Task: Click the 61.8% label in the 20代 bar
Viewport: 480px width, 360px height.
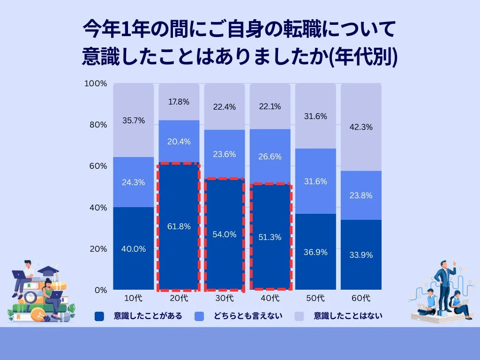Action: click(x=179, y=226)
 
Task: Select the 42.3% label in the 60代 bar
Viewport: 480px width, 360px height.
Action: click(x=361, y=127)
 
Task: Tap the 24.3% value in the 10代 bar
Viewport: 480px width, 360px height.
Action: click(x=133, y=182)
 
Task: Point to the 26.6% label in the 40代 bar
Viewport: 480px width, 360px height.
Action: click(x=270, y=157)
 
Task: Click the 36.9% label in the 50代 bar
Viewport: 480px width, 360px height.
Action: click(x=315, y=252)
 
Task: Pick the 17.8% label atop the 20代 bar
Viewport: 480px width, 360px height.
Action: click(x=179, y=102)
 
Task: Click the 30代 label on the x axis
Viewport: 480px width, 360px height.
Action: click(x=224, y=298)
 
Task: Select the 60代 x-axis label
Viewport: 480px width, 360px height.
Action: click(x=361, y=298)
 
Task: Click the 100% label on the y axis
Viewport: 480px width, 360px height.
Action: click(x=96, y=83)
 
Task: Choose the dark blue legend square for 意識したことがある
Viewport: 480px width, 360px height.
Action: click(x=99, y=316)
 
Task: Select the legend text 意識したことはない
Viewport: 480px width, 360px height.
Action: click(x=348, y=316)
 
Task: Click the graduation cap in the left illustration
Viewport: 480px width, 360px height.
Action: click(x=48, y=270)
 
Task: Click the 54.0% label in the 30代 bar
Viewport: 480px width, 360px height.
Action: click(x=224, y=234)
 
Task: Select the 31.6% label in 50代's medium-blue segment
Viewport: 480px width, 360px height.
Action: click(x=315, y=181)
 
